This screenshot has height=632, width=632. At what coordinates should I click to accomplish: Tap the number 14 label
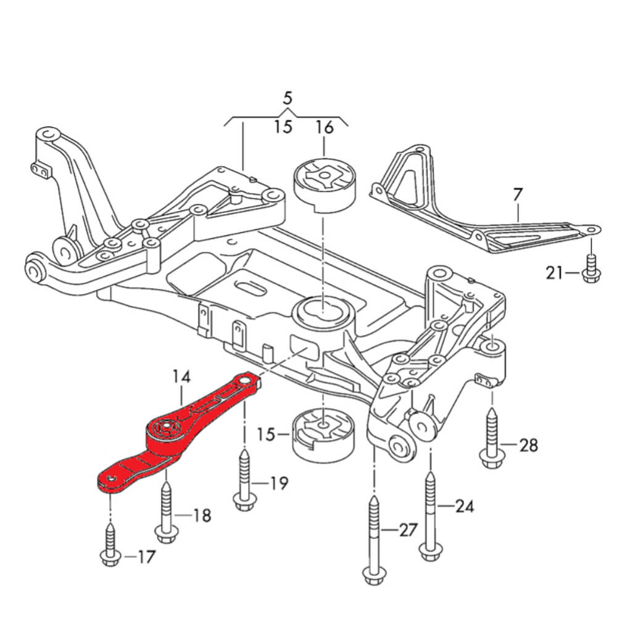pyautogui.click(x=182, y=376)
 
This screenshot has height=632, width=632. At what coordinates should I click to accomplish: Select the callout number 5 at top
pyautogui.click(x=287, y=98)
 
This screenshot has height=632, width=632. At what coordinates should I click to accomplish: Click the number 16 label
pyautogui.click(x=324, y=128)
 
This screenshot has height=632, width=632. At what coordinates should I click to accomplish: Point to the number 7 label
pyautogui.click(x=517, y=195)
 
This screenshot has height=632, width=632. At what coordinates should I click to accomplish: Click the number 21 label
pyautogui.click(x=554, y=271)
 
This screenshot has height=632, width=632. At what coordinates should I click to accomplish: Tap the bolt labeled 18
pyautogui.click(x=165, y=512)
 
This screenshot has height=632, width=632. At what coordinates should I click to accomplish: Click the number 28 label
pyautogui.click(x=528, y=445)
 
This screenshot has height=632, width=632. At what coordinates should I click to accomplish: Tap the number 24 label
pyautogui.click(x=464, y=507)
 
